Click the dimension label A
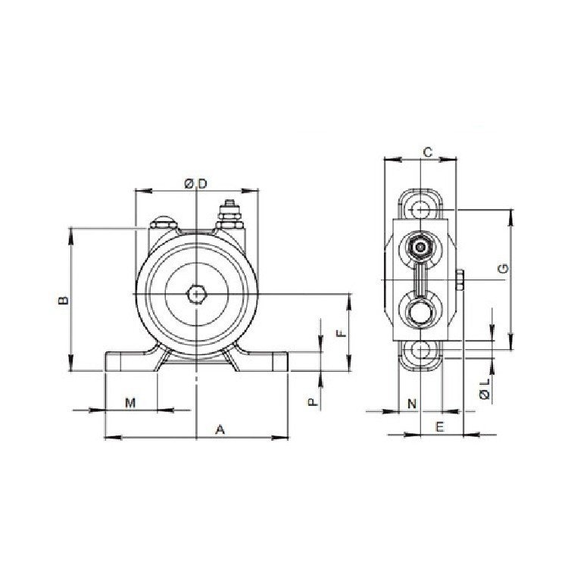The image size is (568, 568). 220,429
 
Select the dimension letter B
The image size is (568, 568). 64,300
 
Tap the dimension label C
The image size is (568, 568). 427,152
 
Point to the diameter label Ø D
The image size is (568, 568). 196,183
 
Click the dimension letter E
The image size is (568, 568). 440,427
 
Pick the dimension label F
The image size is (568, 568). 342,332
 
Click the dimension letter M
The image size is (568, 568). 130,402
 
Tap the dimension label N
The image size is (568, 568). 411,403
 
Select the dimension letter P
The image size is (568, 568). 311,401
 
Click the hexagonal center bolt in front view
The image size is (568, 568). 196,293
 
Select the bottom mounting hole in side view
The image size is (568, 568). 420,351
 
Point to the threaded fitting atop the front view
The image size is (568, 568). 228,214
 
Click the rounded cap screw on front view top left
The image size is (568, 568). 163,223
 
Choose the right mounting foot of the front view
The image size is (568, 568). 261,362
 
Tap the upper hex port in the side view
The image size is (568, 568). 420,245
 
